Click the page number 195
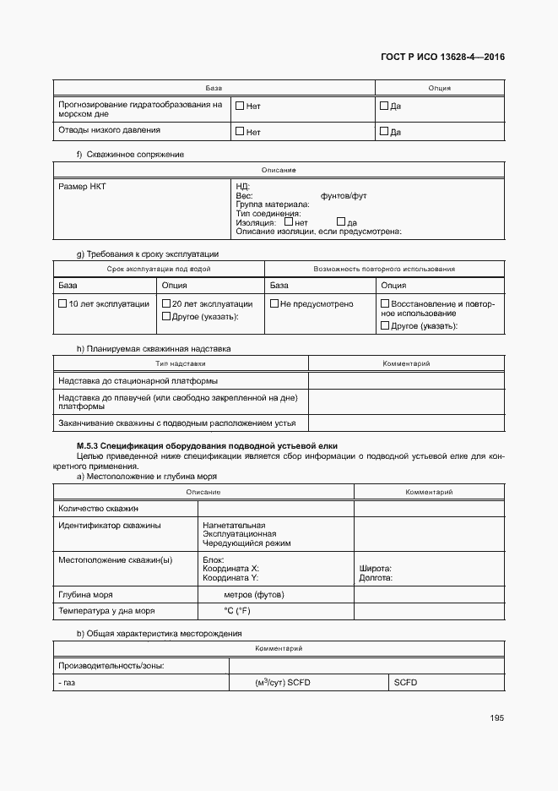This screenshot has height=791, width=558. click(496, 718)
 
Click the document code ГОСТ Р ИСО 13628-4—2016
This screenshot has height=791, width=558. click(444, 57)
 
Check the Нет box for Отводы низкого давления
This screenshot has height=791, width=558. click(240, 131)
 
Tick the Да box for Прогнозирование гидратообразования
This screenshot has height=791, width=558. click(384, 106)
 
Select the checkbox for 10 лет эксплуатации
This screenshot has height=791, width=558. click(62, 303)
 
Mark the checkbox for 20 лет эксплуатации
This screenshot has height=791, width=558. click(166, 303)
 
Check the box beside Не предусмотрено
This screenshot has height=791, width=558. click(274, 303)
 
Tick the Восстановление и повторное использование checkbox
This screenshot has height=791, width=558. click(386, 303)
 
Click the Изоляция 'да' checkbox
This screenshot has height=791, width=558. click(341, 222)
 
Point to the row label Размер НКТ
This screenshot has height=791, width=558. click(78, 185)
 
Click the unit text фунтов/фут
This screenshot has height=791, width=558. click(344, 195)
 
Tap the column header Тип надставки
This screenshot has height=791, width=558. click(181, 363)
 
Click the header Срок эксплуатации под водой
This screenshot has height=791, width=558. click(159, 269)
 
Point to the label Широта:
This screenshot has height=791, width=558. click(375, 569)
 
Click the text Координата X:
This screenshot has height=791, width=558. click(230, 569)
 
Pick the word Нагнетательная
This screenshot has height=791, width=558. click(234, 525)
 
